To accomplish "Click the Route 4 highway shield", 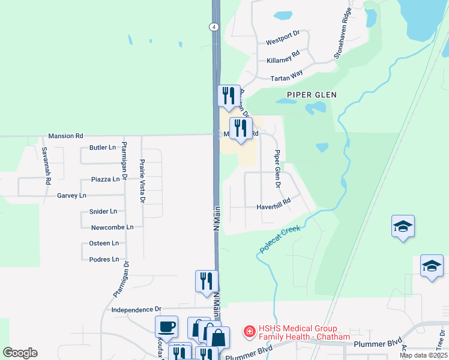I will [213, 27].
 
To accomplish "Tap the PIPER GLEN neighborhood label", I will [311, 95].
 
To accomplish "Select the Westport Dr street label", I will [282, 39].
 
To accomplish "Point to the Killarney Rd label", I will [283, 58].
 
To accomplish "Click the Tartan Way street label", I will [286, 76].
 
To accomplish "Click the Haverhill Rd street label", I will [273, 205].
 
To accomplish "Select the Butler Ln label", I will [102, 147].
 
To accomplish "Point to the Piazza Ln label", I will [105, 179].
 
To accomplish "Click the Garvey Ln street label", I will [71, 196].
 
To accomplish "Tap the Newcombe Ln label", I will [112, 227].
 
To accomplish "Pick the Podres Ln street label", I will [103, 259].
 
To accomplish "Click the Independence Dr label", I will [137, 310].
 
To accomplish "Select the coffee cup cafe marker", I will [166, 328].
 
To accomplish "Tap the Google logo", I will [20, 353].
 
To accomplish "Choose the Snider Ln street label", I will [103, 211].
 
